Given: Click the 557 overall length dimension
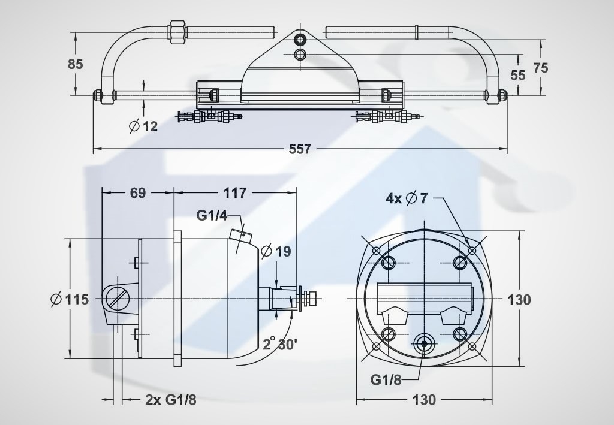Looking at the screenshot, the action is tap(300, 149).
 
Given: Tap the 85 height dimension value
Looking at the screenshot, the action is tap(75, 64).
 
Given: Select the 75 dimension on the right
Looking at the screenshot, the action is tap(541, 68).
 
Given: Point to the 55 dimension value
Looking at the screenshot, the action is tap(518, 74).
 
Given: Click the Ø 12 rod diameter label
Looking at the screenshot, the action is tap(143, 126).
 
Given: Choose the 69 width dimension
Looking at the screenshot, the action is tap(138, 193).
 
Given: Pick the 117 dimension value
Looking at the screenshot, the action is tap(235, 193).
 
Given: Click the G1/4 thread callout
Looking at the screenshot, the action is tap(212, 215).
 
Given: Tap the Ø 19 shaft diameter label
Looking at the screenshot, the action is tap(276, 251).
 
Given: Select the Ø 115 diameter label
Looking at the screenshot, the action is tap(70, 300).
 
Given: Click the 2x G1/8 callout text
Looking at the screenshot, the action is tap(171, 400).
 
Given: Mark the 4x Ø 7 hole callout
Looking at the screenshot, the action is tap(407, 198).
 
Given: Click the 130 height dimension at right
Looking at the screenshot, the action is tap(519, 300).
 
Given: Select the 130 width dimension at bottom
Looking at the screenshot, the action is tap(424, 400).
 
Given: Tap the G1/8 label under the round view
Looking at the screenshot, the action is tap(386, 379).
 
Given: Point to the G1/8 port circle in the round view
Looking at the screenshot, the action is tap(425, 343).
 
